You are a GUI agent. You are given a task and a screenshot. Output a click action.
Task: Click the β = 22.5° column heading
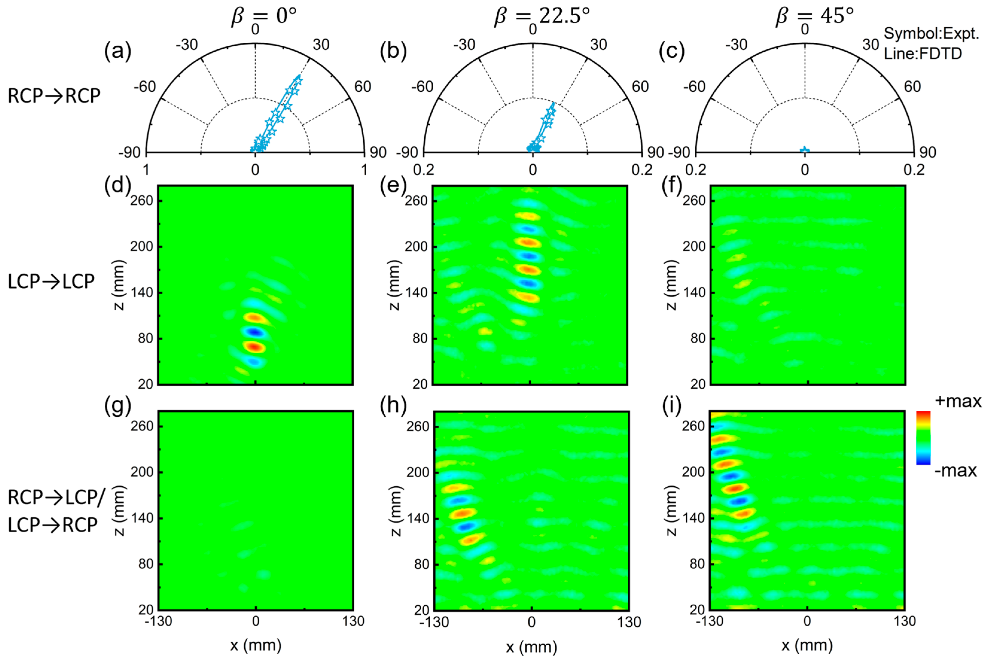(x=542, y=17)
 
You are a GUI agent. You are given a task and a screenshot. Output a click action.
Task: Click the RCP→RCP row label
(x=54, y=96)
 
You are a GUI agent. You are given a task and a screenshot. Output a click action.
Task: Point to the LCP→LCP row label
(x=51, y=282)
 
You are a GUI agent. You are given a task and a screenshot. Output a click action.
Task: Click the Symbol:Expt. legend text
(x=931, y=34)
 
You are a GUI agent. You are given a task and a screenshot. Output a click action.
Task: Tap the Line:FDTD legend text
(x=923, y=54)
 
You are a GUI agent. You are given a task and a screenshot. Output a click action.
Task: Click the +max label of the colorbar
(x=958, y=401)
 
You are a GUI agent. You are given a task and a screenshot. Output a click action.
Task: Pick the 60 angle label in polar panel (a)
(x=362, y=87)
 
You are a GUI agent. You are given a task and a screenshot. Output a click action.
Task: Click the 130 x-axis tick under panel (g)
(x=353, y=621)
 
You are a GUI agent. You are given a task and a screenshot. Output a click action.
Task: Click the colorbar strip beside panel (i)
(x=923, y=438)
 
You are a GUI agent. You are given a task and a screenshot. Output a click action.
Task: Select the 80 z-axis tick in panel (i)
(x=697, y=564)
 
